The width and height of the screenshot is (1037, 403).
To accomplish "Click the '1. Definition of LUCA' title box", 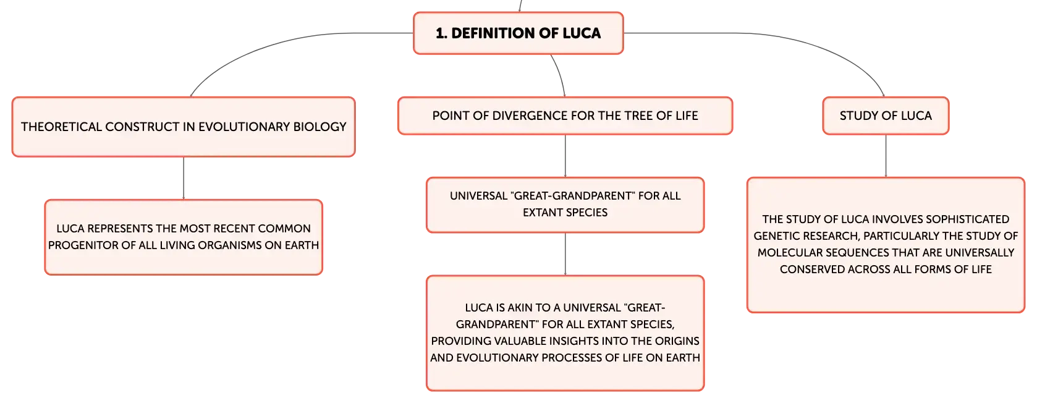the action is [x=518, y=33].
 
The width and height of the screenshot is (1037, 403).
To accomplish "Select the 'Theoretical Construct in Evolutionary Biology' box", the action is [x=184, y=127].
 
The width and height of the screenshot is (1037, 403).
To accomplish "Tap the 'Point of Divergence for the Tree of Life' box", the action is [x=565, y=116].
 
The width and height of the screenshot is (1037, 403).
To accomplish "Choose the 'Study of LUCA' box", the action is [x=886, y=116].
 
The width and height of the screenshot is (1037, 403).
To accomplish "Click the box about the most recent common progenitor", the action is [x=184, y=237].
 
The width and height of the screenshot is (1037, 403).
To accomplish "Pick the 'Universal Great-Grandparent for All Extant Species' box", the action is [x=565, y=205].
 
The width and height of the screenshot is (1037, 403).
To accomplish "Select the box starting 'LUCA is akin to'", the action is [x=565, y=333].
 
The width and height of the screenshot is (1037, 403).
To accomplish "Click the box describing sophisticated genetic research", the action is [x=886, y=245].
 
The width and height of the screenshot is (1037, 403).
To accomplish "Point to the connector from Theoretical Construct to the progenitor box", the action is [x=184, y=179].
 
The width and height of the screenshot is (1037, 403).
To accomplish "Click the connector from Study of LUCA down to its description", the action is [x=886, y=156].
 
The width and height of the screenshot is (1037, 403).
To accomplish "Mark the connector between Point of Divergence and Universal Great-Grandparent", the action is [x=565, y=156].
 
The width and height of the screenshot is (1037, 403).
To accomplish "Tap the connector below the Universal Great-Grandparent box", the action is [x=565, y=254].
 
